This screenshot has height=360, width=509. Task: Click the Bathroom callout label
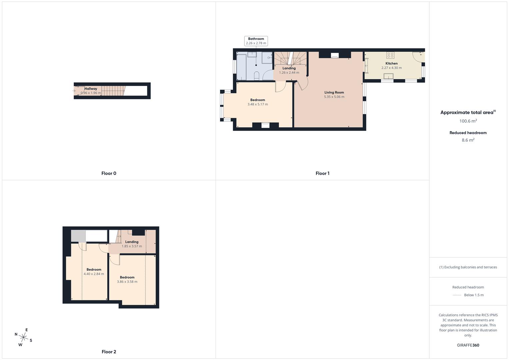[x=256, y=41]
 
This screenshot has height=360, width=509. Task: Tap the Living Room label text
[x=334, y=92]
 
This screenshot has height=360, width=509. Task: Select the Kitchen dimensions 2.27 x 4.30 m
[x=392, y=68]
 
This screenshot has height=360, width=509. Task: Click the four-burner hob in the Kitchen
[x=390, y=55]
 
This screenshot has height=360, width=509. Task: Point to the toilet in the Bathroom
[x=257, y=76]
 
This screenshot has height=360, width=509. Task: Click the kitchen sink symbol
[x=388, y=76]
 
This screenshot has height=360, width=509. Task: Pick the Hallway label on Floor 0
[x=91, y=89]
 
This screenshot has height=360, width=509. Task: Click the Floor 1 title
[x=322, y=173]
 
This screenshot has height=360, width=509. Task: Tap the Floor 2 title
[x=109, y=352]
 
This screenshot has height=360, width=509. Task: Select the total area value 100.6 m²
[x=468, y=121]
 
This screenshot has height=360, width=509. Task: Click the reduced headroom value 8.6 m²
[x=468, y=140]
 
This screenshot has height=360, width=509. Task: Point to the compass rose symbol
[x=24, y=337]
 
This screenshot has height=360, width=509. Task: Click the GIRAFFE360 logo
[x=468, y=345]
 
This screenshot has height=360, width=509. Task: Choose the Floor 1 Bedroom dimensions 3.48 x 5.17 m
[x=258, y=104]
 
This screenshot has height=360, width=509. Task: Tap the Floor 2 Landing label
[x=132, y=242]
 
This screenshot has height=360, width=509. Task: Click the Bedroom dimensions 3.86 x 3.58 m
[x=127, y=282]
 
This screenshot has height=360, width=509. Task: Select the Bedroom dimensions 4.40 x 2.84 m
[x=94, y=274]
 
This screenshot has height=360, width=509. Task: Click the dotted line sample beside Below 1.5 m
[x=457, y=295]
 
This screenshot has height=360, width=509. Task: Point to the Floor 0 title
[x=109, y=173]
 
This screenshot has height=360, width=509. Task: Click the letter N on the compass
[x=16, y=334]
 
